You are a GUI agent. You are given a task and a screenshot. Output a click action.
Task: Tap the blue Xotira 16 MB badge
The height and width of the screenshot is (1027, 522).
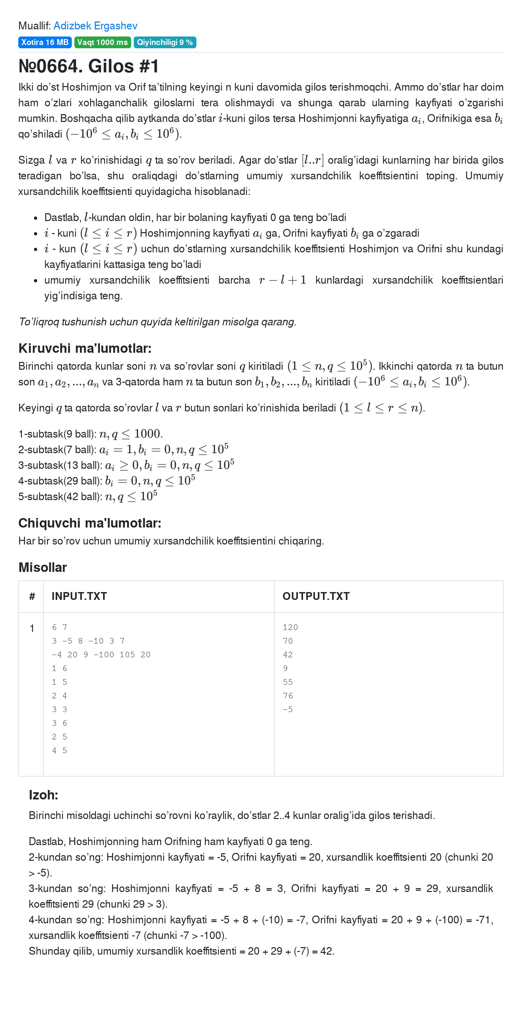45,42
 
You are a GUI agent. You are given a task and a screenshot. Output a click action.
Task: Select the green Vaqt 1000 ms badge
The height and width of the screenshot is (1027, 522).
102,42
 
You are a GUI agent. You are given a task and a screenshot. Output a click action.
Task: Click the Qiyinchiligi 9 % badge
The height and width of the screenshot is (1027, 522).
164,42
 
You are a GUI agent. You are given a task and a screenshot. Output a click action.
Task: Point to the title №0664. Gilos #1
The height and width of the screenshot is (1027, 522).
89,66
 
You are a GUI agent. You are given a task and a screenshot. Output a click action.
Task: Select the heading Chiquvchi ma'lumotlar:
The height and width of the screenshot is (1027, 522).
90,523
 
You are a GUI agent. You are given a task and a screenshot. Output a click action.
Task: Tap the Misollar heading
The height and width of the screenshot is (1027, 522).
42,567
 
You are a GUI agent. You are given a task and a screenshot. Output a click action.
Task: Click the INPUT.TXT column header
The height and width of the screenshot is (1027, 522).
79,596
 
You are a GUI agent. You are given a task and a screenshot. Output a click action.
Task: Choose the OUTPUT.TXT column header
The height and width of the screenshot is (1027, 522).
316,596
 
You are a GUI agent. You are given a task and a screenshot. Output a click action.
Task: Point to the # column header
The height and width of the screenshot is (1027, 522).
32,596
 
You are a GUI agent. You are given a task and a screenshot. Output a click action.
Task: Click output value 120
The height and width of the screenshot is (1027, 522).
290,627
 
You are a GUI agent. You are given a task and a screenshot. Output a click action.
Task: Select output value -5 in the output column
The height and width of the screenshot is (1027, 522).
288,709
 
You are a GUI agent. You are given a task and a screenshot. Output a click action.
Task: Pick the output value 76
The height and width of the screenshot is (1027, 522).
288,696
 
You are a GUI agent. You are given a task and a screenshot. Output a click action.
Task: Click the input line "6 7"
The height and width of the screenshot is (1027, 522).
59,627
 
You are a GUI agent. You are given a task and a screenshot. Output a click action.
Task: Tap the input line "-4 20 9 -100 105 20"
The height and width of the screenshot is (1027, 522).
101,655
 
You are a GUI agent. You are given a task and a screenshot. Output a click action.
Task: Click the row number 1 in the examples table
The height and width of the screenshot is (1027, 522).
32,628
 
